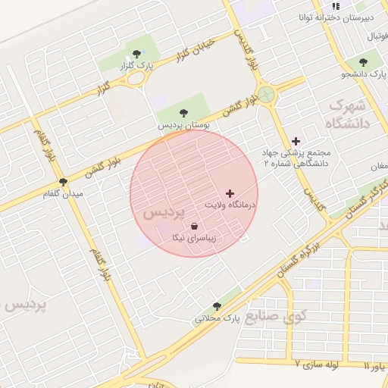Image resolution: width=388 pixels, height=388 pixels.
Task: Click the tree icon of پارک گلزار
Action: [x=136, y=54]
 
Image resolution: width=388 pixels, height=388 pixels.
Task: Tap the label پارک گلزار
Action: [x=136, y=66]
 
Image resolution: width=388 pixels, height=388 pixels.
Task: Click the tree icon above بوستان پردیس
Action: [x=183, y=113]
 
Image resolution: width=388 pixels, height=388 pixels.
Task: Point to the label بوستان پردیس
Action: [x=183, y=124]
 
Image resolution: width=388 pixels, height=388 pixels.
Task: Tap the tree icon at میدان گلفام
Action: [x=63, y=183]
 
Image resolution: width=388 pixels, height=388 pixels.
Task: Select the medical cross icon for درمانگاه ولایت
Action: [x=230, y=194]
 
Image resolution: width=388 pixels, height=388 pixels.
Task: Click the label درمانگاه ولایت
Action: [x=231, y=205]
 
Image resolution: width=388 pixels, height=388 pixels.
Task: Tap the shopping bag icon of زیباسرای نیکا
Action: [x=196, y=226]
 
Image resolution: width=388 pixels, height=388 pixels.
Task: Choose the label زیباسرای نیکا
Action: [x=196, y=238]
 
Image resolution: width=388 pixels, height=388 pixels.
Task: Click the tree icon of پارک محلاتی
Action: [x=217, y=306]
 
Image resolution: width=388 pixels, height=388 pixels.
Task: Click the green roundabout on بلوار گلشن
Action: [x=265, y=95]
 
